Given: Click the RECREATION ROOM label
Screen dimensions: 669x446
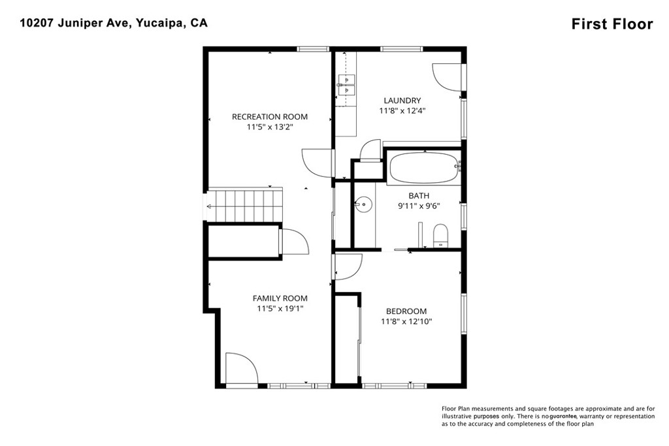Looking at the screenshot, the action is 270,116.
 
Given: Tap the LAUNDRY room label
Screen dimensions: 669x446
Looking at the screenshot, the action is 402,100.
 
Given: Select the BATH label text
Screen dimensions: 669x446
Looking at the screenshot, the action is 419,196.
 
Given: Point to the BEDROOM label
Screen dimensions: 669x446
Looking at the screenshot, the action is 406,311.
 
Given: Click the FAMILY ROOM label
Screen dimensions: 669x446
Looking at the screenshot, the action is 280,298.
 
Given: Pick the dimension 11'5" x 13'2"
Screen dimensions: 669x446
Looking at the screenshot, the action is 270,127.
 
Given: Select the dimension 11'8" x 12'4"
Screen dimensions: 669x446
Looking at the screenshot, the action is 402,111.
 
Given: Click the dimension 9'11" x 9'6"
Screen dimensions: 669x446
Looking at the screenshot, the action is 419,206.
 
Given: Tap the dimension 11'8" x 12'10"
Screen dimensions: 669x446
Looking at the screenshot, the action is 406,321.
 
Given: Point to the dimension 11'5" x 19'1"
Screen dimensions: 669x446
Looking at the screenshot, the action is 280,309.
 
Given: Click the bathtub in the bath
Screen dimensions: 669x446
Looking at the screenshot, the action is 425,168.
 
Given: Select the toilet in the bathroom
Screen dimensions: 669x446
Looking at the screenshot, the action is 441,236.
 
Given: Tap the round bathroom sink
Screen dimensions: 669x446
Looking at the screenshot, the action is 363,204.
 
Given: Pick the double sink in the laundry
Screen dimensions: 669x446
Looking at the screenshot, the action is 346,86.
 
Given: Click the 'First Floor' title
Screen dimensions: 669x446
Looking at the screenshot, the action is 612,24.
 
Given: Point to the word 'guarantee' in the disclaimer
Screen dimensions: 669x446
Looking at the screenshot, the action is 563,416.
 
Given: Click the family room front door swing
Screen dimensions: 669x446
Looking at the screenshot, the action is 242,368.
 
